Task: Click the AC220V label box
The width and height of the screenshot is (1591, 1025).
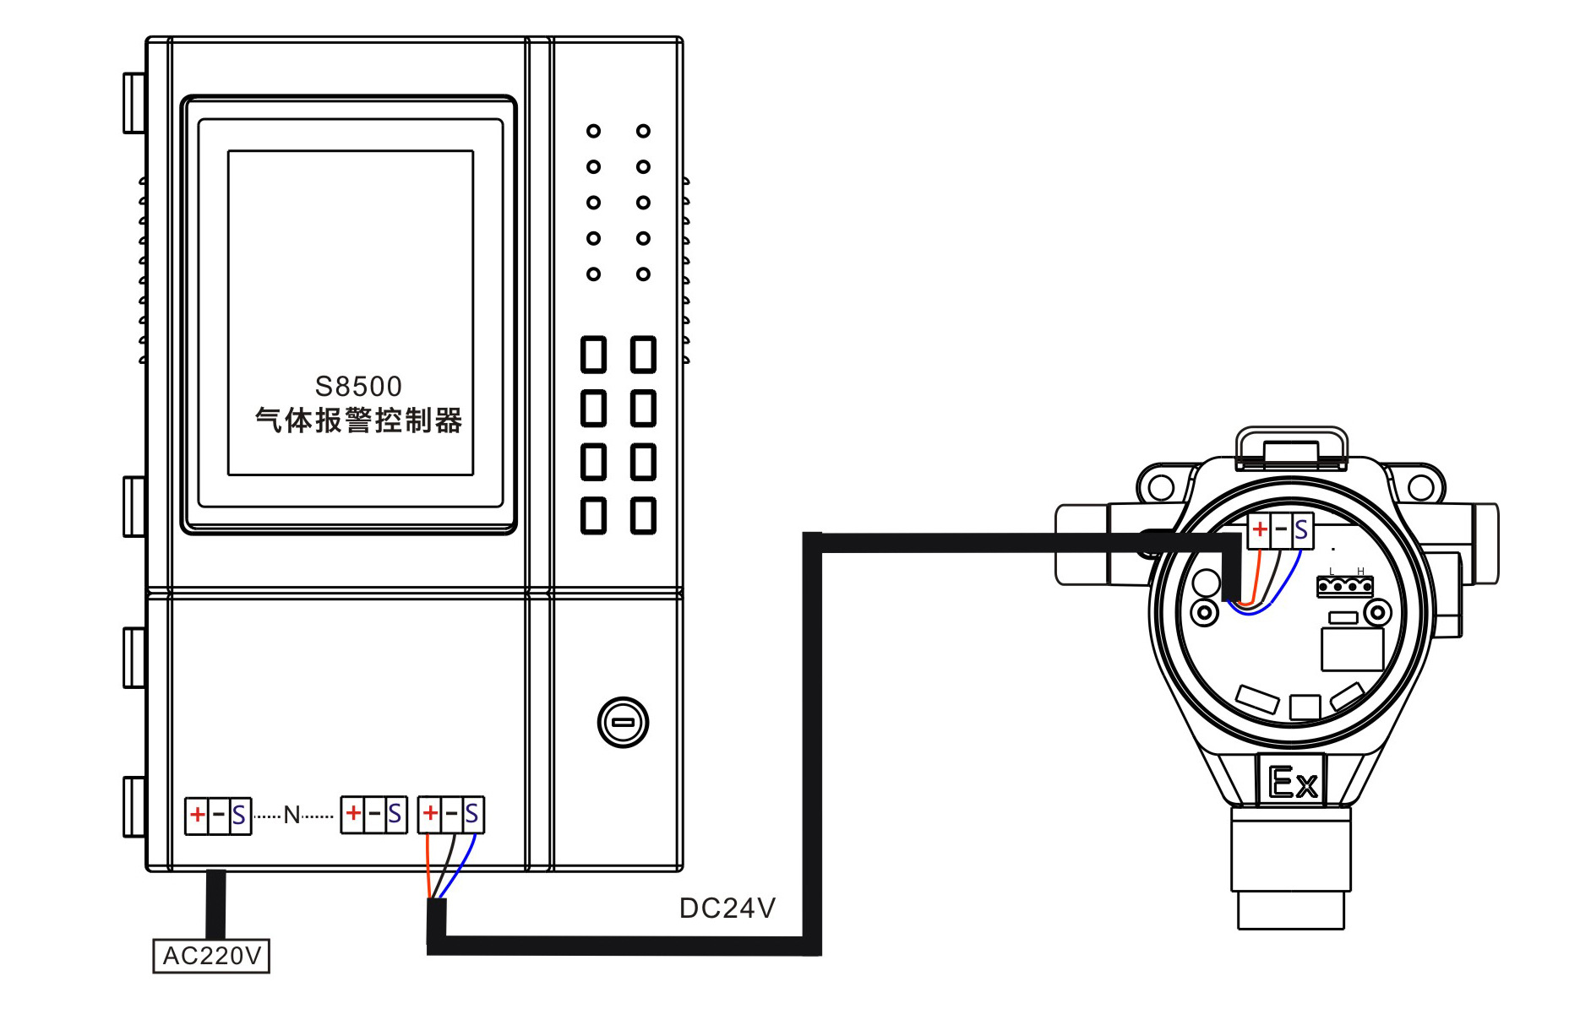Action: coord(211,956)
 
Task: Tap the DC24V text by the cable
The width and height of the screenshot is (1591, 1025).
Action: coord(727,908)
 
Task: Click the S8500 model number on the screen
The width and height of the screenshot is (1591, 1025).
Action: coord(358,387)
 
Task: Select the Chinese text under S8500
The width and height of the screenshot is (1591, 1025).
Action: coord(358,420)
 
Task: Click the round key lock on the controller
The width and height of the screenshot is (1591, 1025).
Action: coord(623,723)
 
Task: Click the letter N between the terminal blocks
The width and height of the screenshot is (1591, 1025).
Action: coord(292,815)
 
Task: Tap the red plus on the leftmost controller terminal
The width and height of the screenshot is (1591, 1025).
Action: coord(197,815)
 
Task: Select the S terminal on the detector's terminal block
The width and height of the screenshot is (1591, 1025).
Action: coord(1301,530)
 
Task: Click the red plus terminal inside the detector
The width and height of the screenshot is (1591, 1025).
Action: coord(1259,529)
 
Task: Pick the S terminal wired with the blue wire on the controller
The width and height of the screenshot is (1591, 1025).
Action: coord(471,814)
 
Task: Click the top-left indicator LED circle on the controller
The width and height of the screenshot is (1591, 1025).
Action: coord(594,131)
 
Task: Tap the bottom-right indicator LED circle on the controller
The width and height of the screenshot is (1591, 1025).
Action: coord(644,274)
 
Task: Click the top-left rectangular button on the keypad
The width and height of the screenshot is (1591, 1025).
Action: coord(594,355)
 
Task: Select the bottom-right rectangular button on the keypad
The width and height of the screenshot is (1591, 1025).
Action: coord(644,515)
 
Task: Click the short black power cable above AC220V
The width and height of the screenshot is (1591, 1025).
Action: coord(216,903)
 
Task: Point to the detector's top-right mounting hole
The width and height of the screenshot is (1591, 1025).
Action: coord(1420,487)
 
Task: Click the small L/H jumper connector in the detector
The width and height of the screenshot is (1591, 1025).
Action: coord(1344,585)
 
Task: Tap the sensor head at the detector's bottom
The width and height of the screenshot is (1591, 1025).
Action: coord(1290,870)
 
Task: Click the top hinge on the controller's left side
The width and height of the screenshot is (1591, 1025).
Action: coord(134,103)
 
